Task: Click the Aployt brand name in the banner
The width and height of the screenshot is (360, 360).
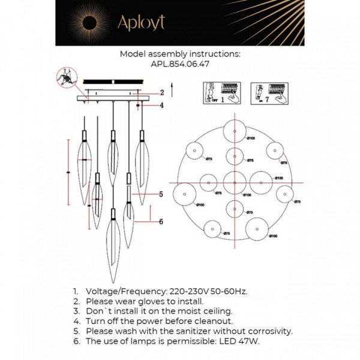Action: (140, 23)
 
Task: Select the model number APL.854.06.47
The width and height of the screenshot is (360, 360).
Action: (180, 63)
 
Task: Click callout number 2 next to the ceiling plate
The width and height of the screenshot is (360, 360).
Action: (162, 93)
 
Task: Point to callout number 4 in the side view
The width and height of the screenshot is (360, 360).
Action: (162, 106)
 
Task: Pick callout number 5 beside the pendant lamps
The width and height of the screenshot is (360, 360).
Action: (161, 194)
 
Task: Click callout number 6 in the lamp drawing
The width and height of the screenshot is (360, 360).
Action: (161, 221)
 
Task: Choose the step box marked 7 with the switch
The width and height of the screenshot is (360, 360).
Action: (268, 94)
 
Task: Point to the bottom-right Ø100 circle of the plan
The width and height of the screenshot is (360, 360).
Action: (256, 230)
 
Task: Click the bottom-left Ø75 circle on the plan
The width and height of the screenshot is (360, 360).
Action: (211, 229)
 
